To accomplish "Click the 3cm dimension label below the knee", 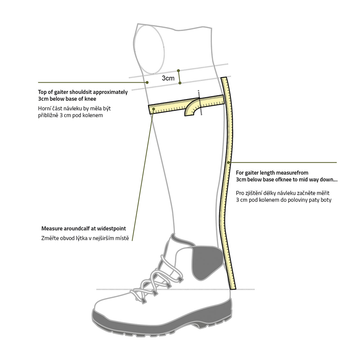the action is click(168, 78).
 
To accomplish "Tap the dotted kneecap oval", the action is click(162, 49).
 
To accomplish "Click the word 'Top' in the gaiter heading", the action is click(42, 92).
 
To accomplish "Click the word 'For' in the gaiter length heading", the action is click(240, 173).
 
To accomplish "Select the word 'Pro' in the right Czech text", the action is click(240, 193).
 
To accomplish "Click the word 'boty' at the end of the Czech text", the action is click(326, 200).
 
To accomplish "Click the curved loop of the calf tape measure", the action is click(190, 105).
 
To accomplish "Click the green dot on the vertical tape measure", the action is click(229, 162).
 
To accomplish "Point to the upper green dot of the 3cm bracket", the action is click(178, 71).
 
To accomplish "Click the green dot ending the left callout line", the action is click(147, 82).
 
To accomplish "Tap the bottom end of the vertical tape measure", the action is click(233, 289).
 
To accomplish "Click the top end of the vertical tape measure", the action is click(224, 78).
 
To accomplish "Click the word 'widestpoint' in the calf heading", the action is click(111, 229).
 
